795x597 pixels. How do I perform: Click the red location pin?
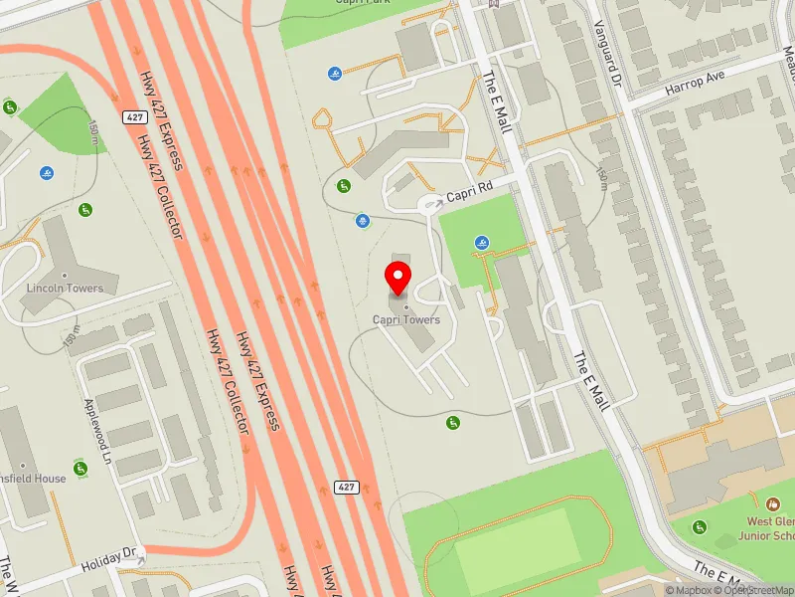(398, 278)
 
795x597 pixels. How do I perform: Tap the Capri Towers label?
(406, 319)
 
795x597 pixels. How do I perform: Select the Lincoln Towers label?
(67, 289)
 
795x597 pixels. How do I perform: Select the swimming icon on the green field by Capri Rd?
(482, 243)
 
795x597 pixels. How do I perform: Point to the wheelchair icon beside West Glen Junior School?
(700, 526)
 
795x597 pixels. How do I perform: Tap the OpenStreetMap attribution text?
(759, 590)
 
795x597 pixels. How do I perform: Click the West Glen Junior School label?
(771, 528)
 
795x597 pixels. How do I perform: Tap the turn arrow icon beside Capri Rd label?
(434, 203)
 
